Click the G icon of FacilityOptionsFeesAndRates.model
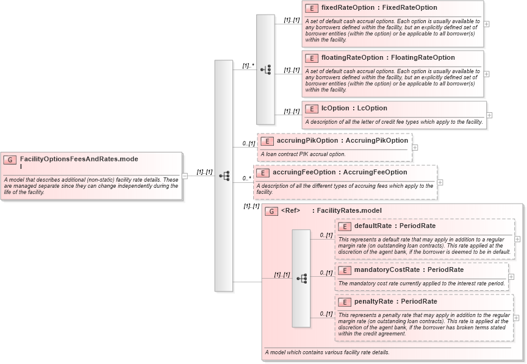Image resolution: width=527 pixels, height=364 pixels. (x=10, y=160)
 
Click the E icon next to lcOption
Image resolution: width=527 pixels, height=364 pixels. (x=312, y=109)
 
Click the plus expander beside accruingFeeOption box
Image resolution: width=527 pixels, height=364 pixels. (x=440, y=182)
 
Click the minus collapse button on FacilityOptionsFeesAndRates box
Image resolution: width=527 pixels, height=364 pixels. (x=185, y=176)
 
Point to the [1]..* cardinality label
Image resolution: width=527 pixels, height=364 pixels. (x=248, y=65)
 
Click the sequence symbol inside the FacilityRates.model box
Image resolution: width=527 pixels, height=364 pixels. (x=301, y=278)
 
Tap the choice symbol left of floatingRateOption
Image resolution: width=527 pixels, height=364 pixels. (x=265, y=70)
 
